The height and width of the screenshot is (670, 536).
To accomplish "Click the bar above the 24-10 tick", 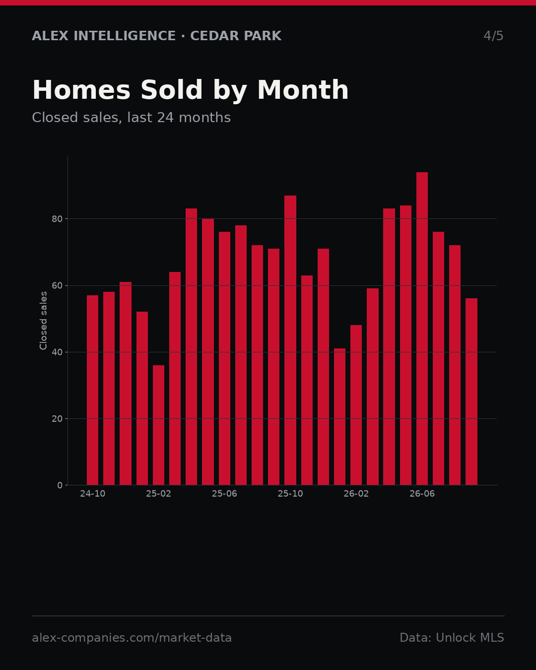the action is tap(92, 390).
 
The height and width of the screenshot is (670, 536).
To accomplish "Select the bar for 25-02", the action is tap(158, 425).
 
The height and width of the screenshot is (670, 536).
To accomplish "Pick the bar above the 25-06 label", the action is tap(224, 358).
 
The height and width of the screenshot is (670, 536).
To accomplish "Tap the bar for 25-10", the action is tap(290, 340).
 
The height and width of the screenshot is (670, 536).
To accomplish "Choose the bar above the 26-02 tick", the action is tap(356, 405).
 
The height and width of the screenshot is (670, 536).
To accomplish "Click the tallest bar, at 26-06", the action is tap(422, 329).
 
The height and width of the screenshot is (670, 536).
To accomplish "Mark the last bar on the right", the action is tap(471, 392).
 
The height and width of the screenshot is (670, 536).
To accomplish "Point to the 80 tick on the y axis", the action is tap(57, 219).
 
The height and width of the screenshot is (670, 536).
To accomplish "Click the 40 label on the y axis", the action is tap(57, 352).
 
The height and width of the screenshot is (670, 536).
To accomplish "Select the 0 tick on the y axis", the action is tap(60, 485).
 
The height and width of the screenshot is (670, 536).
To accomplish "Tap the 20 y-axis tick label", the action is tap(57, 419).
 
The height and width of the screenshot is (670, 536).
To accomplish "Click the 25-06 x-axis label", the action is tap(224, 494).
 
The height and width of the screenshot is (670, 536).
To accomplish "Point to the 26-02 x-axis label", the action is tap(356, 494).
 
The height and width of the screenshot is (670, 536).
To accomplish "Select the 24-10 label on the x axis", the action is tap(92, 494).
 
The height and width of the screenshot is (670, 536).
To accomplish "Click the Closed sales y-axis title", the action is tap(43, 321).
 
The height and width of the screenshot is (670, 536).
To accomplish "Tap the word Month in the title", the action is tap(303, 90).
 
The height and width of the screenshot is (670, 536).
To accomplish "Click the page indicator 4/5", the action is tap(493, 36).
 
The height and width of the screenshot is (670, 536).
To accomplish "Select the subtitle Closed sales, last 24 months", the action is tap(132, 118).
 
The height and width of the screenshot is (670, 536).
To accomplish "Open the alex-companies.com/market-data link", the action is tap(132, 638).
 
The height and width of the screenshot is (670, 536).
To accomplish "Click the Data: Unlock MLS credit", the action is tap(452, 637).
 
